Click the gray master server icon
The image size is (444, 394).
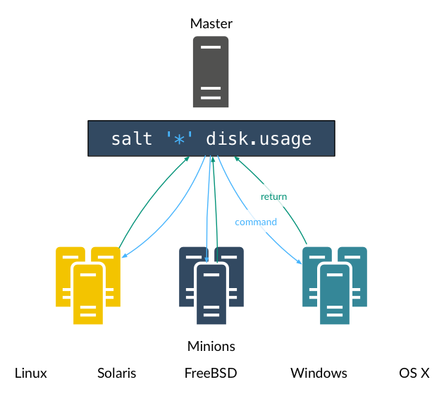click(x=211, y=71)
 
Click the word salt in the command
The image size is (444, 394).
click(x=132, y=139)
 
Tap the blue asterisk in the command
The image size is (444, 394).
click(x=179, y=139)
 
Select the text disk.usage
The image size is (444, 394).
click(x=259, y=139)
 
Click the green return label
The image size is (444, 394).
click(x=273, y=196)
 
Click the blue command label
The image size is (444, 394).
click(x=256, y=222)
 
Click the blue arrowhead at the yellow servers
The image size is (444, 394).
click(x=124, y=256)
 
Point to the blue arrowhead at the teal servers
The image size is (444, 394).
click(x=300, y=262)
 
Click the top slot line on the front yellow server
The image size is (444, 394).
click(x=88, y=273)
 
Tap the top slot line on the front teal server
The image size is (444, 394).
click(x=335, y=273)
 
